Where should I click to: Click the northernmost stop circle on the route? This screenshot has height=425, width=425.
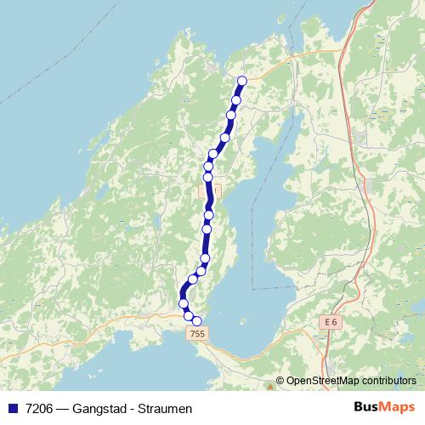(x=241, y=81)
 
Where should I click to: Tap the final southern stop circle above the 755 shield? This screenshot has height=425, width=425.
(x=197, y=320)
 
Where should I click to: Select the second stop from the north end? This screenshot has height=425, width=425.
(x=236, y=100)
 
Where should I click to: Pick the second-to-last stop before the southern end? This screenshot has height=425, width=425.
(x=189, y=315)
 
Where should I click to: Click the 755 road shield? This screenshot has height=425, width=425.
(x=197, y=335)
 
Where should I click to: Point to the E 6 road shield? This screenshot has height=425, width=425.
(x=331, y=322)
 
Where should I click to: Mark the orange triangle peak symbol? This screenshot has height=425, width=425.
(x=269, y=387)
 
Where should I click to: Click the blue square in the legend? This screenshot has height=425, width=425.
(x=12, y=408)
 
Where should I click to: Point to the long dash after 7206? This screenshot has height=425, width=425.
(x=65, y=408)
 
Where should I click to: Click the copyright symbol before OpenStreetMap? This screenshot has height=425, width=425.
(x=280, y=381)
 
